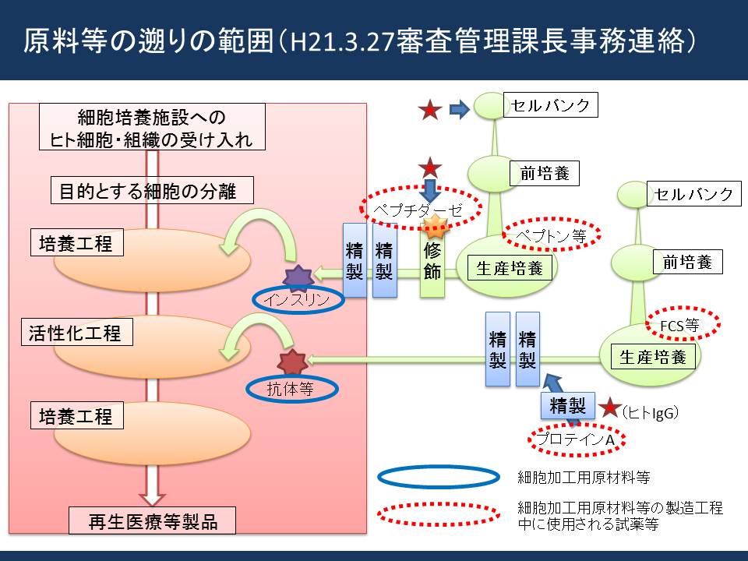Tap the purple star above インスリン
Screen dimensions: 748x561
coord(298,278)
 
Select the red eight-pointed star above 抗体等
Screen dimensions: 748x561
coord(292,362)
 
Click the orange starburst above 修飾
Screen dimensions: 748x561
coord(435,226)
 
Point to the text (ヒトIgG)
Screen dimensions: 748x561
coord(650,412)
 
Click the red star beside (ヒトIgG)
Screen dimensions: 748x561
coord(609,408)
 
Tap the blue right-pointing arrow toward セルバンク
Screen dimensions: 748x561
coord(460,109)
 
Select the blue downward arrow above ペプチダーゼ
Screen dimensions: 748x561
coord(430,190)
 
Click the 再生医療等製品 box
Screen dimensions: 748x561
coord(152,520)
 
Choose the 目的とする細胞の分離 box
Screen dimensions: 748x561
coord(152,190)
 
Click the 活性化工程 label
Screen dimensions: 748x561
coord(77,332)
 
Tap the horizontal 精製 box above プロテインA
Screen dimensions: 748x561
coord(568,406)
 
